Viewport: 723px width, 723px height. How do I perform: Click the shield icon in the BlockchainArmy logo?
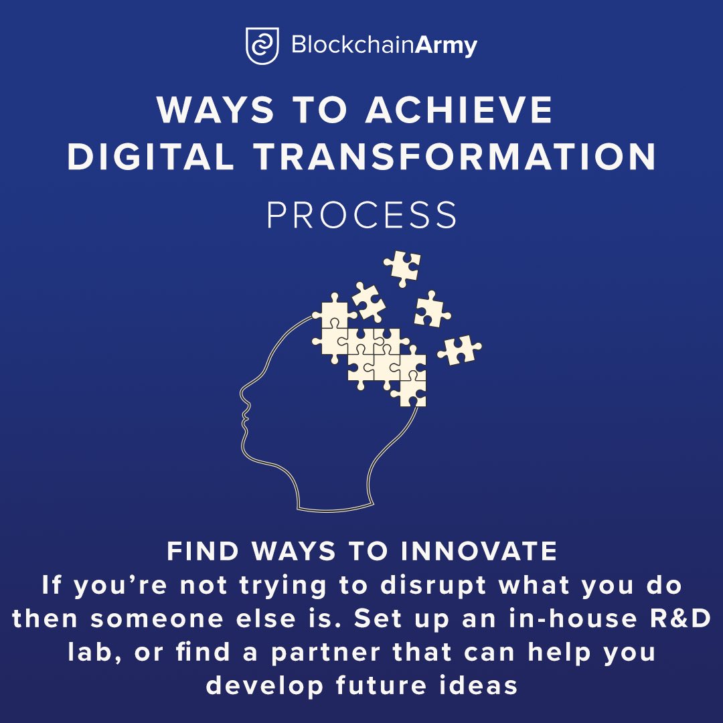(262, 46)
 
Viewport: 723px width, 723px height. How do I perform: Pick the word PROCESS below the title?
(362, 215)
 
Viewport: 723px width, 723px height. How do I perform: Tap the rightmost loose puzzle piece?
(460, 349)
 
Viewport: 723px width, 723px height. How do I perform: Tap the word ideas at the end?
(481, 685)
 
